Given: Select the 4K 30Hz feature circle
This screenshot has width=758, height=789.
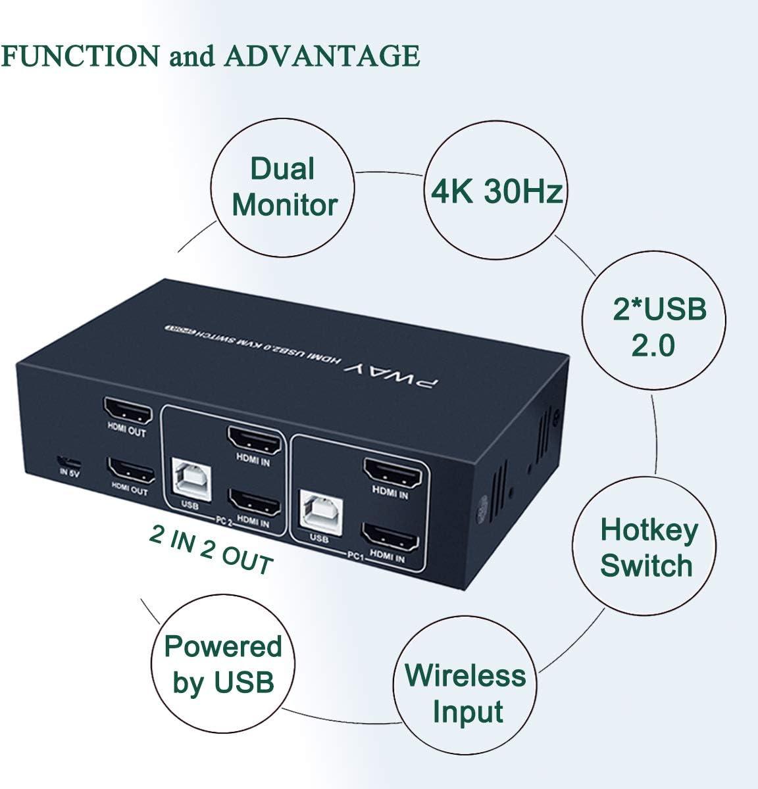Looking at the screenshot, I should click(x=496, y=191).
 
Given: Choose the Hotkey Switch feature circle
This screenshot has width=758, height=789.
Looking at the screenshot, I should click(x=647, y=547).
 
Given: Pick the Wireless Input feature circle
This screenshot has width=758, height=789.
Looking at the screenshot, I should click(x=465, y=693).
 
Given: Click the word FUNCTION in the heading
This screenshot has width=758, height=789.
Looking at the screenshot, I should click(x=79, y=57).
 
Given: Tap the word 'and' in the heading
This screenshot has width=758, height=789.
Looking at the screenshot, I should click(x=192, y=57).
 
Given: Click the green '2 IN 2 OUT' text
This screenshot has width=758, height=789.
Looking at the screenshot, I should click(x=211, y=550).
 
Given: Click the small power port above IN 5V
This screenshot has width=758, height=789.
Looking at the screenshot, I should click(x=64, y=460).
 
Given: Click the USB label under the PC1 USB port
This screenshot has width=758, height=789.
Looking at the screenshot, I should click(x=318, y=538).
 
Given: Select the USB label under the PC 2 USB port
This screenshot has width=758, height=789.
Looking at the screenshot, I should click(x=188, y=506).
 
